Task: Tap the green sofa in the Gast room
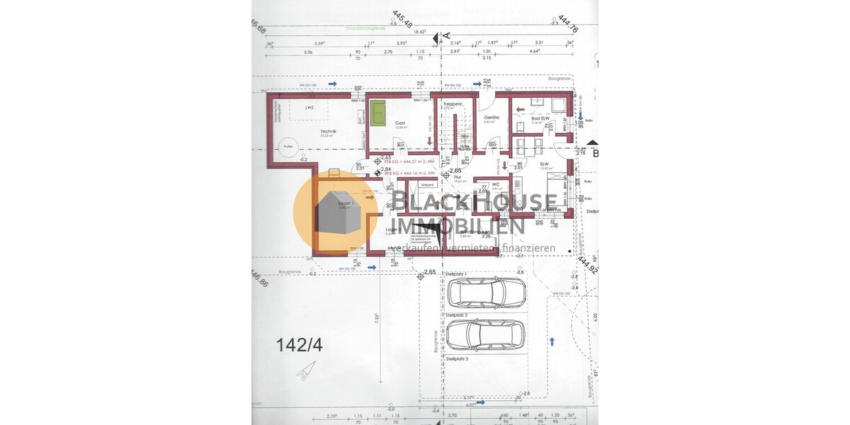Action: (x=379, y=113)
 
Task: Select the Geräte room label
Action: (x=492, y=118)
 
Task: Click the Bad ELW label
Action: (x=541, y=118)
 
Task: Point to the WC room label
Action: (x=496, y=185)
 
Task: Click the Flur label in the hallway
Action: (x=448, y=177)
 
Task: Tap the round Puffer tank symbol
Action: (x=288, y=147)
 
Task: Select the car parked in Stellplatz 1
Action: (x=487, y=291)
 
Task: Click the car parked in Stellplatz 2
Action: (x=487, y=334)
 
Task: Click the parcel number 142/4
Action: (x=299, y=345)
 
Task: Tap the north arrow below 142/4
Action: (x=307, y=370)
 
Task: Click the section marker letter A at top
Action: (x=446, y=35)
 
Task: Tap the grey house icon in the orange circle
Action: (x=339, y=213)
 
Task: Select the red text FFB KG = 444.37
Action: (x=418, y=162)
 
